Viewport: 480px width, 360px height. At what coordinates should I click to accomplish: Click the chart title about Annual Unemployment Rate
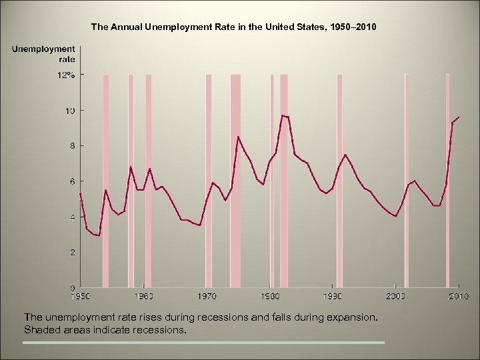point(233,27)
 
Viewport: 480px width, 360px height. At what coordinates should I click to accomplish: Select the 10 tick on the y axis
point(69,110)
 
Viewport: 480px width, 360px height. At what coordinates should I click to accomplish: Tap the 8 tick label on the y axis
point(71,145)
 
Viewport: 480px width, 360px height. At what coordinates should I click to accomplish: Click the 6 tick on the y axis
point(71,181)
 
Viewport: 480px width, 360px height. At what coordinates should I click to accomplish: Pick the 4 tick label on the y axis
point(71,217)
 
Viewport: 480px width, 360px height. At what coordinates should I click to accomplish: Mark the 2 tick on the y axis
point(71,252)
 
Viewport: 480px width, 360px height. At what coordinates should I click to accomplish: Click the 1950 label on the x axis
point(80,295)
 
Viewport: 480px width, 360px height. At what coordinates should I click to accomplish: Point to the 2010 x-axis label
point(459,295)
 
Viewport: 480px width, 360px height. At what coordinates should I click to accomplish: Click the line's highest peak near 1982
point(283,115)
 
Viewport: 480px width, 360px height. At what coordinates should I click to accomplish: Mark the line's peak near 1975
point(238,137)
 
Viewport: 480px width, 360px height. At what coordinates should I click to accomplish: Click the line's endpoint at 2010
point(459,117)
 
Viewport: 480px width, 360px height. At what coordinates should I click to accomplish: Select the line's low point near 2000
point(396,217)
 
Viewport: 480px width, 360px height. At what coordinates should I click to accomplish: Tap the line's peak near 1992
point(345,155)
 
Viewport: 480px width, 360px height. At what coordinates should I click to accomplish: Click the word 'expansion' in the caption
point(353,317)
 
